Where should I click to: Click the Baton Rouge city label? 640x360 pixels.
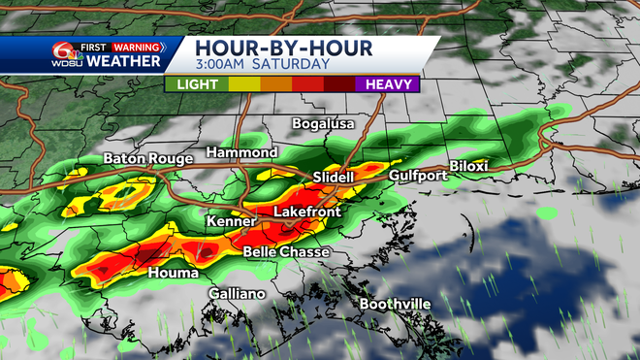point(144,159)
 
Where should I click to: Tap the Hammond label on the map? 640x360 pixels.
point(242,153)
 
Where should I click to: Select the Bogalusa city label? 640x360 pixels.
point(325,124)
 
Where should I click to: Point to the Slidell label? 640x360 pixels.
point(336,178)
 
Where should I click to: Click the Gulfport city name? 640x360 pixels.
point(418,176)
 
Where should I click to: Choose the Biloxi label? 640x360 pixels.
point(469,166)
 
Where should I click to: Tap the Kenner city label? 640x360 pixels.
point(231,222)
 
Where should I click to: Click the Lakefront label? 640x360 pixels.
point(309,210)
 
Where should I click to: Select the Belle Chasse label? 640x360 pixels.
point(286,252)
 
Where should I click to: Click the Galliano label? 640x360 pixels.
point(237,294)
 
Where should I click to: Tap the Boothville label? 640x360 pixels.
point(396,304)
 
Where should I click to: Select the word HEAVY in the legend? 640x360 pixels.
point(390,83)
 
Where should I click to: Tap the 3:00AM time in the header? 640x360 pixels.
point(222,65)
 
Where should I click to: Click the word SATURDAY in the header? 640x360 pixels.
point(293,65)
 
